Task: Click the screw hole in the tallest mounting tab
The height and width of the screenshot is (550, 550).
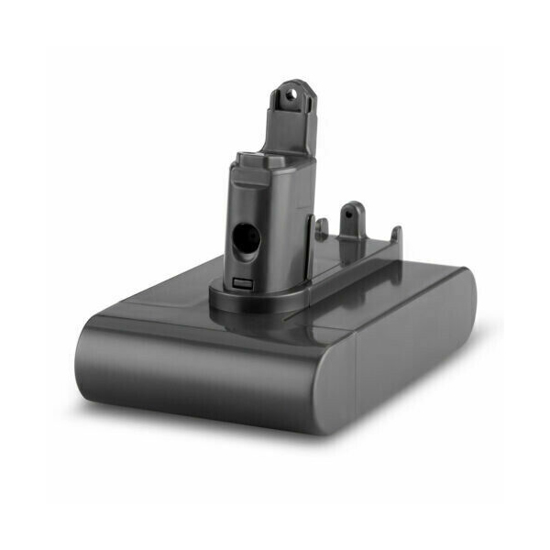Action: pos(293,92)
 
